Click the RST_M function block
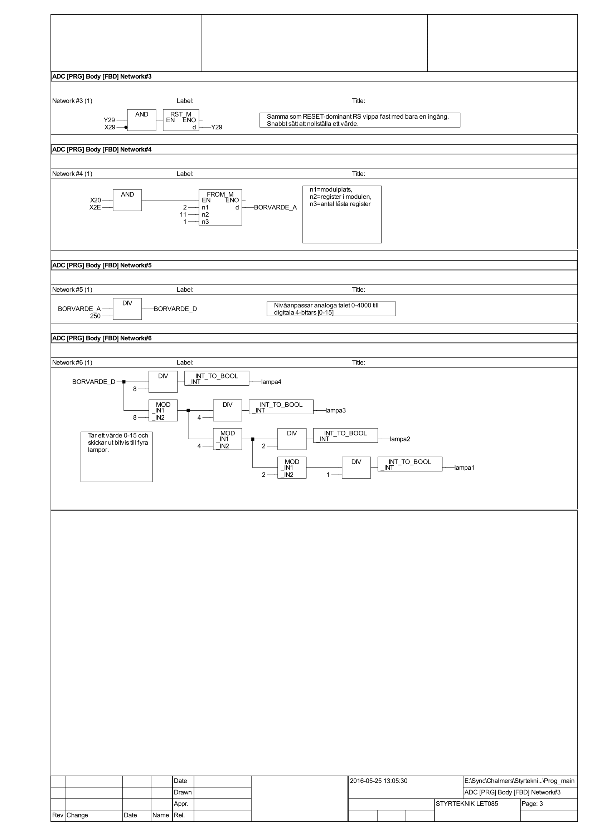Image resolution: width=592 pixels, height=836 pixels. (181, 120)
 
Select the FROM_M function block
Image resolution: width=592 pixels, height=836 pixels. (220, 207)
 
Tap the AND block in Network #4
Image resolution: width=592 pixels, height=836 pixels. (127, 200)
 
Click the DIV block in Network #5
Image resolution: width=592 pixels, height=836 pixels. (127, 309)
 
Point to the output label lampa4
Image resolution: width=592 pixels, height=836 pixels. (271, 382)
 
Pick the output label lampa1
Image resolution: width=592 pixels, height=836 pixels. (464, 468)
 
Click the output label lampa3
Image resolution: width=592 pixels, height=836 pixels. (335, 410)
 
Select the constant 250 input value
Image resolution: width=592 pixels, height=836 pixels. (95, 316)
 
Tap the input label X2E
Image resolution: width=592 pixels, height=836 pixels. (95, 207)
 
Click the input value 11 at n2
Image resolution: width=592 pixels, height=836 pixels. (183, 214)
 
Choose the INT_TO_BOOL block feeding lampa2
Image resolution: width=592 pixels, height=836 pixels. (345, 435)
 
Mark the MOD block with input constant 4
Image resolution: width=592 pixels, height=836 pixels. (228, 439)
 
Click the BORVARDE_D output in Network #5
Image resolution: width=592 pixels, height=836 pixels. (175, 309)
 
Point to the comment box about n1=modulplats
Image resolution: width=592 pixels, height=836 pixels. (342, 214)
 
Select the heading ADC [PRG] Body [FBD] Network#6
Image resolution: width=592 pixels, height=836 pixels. (102, 338)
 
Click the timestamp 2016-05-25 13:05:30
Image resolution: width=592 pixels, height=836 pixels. (378, 781)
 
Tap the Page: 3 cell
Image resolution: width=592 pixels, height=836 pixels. (532, 803)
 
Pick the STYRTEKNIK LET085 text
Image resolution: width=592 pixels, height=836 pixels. (467, 803)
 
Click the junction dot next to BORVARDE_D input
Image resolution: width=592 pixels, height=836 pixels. (124, 382)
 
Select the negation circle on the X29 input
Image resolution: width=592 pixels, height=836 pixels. (126, 127)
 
